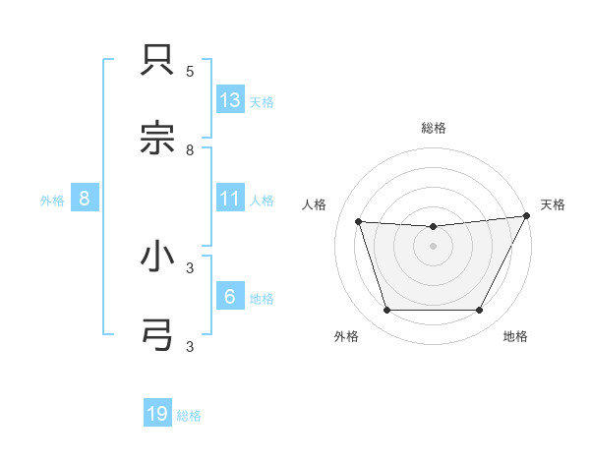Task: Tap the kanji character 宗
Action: pos(159,139)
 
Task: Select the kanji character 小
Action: pos(159,257)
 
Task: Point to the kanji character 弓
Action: pos(159,334)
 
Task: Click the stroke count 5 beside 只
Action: pos(190,72)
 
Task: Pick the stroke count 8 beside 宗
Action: pos(190,149)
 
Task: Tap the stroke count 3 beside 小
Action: pos(190,266)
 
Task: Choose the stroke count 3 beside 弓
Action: pos(190,346)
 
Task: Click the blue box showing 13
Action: pos(230,100)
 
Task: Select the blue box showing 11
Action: pos(230,199)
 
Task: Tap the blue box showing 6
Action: pos(230,297)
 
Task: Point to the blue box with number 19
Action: pos(157,414)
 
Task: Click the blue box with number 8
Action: pos(85,199)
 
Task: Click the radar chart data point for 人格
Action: pos(359,222)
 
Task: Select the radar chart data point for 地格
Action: pos(480,311)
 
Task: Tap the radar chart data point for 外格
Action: pos(386,311)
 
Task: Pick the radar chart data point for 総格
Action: pos(433,227)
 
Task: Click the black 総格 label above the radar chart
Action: pos(434,128)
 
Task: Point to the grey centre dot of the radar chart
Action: pos(433,246)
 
